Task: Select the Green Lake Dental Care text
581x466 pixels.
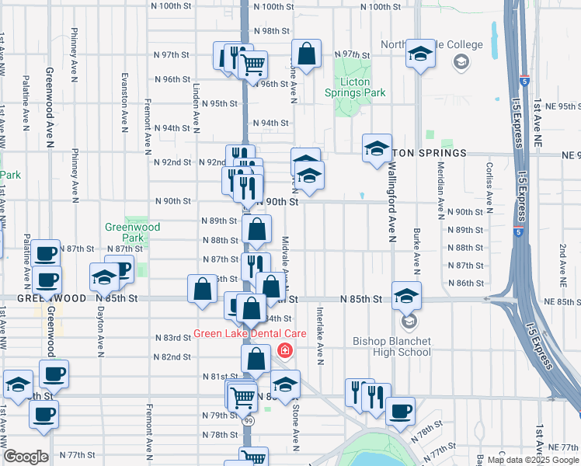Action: [x=249, y=334]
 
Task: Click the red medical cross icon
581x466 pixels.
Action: [x=285, y=352]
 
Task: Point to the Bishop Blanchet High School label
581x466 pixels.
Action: [x=391, y=346]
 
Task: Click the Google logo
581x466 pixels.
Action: [x=26, y=457]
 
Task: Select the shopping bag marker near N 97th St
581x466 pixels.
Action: [x=307, y=54]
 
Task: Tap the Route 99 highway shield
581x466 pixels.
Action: [x=249, y=420]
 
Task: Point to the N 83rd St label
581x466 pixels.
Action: [x=172, y=338]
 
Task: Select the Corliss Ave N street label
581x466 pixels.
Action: [x=489, y=190]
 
